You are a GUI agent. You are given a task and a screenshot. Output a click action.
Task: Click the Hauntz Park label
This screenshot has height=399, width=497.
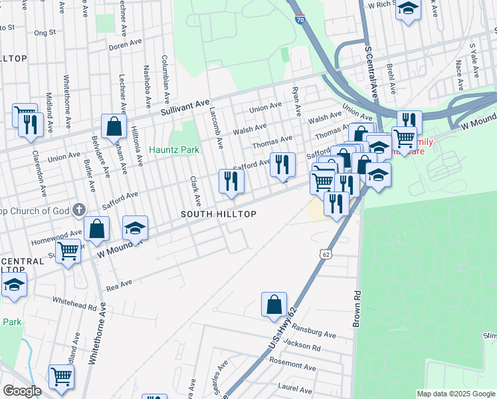click(x=174, y=150)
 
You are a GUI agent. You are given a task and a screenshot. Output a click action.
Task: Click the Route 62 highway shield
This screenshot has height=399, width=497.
click(x=325, y=255)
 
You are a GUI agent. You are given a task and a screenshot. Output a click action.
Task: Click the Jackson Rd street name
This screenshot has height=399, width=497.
click(x=301, y=346)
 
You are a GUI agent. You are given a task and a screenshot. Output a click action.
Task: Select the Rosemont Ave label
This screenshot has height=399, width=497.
click(x=292, y=366)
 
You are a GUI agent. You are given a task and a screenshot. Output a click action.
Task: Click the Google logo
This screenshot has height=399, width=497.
click(x=22, y=391)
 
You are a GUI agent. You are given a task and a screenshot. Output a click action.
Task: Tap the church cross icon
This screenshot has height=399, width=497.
click(x=78, y=211)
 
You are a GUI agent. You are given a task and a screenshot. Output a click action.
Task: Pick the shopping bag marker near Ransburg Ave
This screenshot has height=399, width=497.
click(x=274, y=305)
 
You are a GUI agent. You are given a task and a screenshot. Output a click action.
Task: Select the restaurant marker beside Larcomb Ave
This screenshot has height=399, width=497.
click(x=231, y=181)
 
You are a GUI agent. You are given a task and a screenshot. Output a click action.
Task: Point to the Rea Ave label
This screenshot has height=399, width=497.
click(x=119, y=285)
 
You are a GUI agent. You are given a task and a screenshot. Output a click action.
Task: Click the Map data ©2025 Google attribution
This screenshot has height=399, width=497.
click(x=455, y=394)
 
